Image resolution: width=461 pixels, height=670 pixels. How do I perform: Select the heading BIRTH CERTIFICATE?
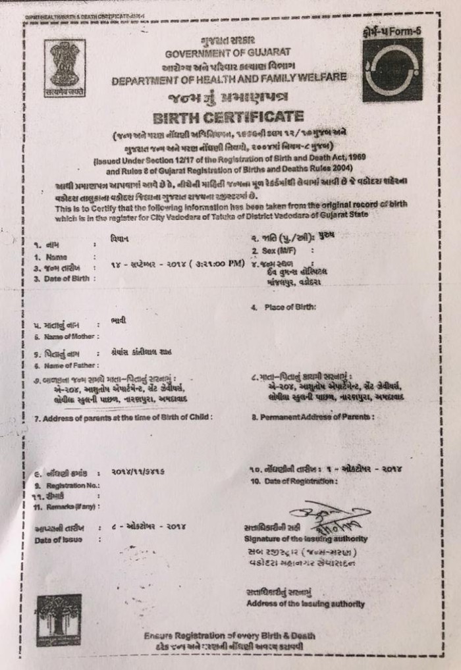228,118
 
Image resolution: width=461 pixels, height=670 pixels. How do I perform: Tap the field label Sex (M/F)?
275,251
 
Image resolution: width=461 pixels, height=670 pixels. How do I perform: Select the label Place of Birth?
290,307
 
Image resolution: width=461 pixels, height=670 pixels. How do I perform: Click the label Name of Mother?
60,337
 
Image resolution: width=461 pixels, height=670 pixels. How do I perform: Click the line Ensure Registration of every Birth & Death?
230,636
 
